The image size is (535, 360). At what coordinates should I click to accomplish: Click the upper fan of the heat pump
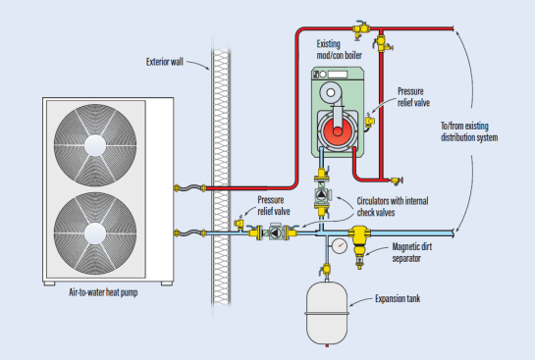[95, 145]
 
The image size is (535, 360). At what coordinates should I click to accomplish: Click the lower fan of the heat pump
[95, 233]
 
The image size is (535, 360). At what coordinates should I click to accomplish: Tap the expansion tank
[327, 313]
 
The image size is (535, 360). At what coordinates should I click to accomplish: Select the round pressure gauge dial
[339, 246]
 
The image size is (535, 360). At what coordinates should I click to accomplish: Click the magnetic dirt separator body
[358, 242]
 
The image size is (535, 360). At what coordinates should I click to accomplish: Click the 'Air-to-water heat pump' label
[103, 292]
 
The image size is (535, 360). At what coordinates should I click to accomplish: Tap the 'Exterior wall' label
[165, 62]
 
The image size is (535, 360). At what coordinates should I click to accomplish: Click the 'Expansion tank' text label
[398, 298]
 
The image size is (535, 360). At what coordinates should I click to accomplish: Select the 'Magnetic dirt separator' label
[412, 252]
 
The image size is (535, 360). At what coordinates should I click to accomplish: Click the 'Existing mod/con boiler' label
[339, 49]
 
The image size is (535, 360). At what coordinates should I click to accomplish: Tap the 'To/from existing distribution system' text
[469, 131]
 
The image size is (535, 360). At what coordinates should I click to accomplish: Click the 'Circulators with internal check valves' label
[393, 207]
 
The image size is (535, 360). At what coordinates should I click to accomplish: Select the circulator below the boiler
[322, 194]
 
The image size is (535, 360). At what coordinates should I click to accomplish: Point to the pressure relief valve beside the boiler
[369, 122]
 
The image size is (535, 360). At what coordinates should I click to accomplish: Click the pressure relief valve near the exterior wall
[240, 224]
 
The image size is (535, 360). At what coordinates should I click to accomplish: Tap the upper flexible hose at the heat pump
[190, 187]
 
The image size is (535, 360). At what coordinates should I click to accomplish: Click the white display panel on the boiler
[338, 75]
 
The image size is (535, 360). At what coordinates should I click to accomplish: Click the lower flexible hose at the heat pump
[190, 233]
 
